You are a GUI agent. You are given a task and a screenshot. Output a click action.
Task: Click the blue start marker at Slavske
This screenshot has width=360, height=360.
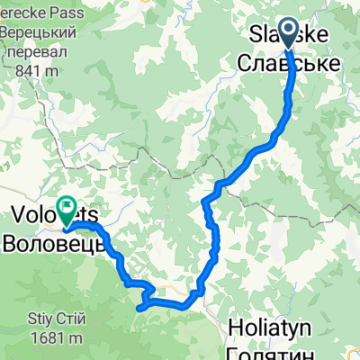(290, 34)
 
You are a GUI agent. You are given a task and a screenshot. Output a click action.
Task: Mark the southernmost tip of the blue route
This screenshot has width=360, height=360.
(139, 308)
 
